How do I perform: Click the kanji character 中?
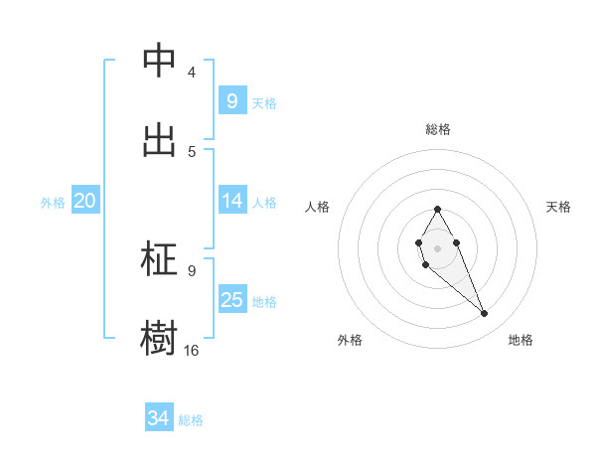click(x=159, y=61)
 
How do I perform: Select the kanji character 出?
click(x=159, y=139)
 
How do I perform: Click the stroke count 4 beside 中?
click(x=191, y=73)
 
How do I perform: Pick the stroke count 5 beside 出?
click(x=191, y=151)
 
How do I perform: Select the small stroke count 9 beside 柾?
click(x=191, y=270)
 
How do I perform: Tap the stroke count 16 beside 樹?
click(x=191, y=350)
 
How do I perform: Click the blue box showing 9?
click(x=231, y=100)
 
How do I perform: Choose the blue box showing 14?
click(x=231, y=201)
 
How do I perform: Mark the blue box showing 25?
click(x=231, y=300)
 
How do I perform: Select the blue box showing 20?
click(x=84, y=201)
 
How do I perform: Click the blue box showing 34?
click(x=158, y=418)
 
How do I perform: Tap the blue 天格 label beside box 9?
click(x=264, y=103)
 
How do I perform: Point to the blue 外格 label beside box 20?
click(x=53, y=203)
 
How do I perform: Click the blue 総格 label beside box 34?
click(x=191, y=420)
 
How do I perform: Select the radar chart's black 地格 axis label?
click(x=521, y=340)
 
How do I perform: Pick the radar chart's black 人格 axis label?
click(x=318, y=207)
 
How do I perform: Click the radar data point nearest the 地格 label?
click(x=485, y=314)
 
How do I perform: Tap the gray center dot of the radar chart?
click(x=437, y=247)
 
